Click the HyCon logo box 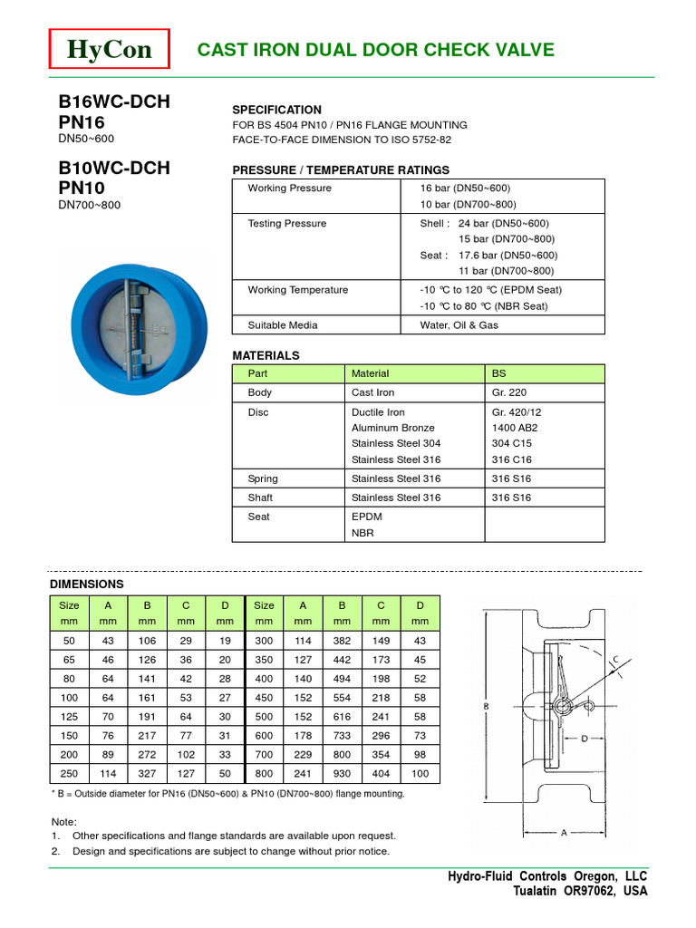[110, 49]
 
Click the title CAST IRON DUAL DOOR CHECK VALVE [375, 50]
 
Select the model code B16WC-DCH [113, 101]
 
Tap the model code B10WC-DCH [113, 168]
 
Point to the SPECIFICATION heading [276, 109]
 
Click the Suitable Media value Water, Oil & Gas [459, 324]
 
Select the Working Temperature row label [297, 290]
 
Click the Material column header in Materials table [370, 373]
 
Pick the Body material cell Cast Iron [372, 392]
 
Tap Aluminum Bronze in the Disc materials [392, 428]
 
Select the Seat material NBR [362, 533]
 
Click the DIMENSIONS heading [87, 585]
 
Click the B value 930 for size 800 [342, 773]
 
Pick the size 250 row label [70, 773]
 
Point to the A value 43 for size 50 [109, 641]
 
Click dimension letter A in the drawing [564, 833]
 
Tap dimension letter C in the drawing [615, 660]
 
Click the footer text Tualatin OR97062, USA [580, 891]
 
